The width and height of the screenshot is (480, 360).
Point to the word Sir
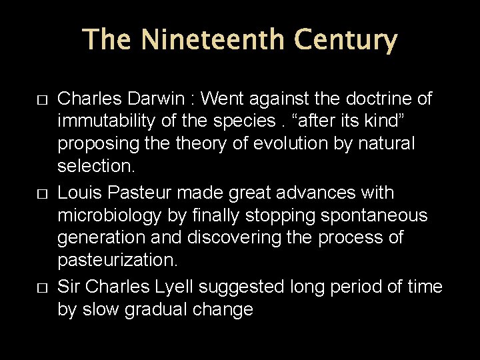tap(69, 286)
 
